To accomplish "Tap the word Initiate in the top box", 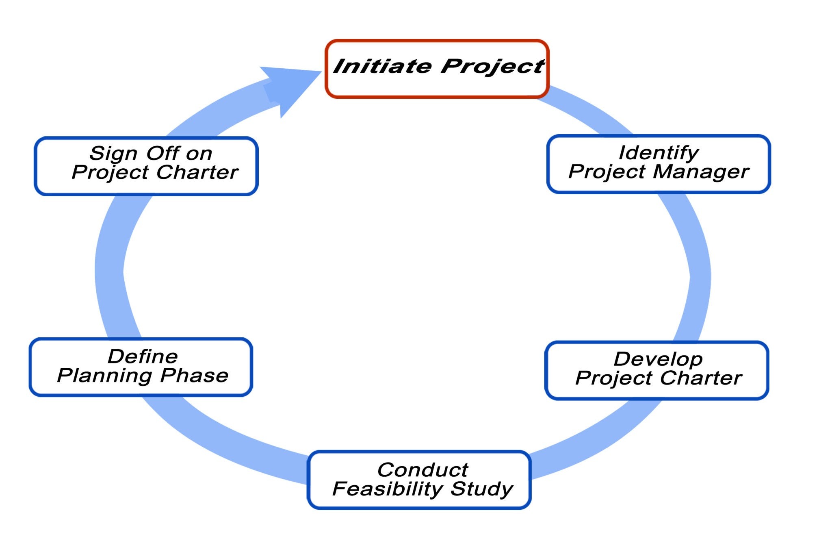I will click(382, 66).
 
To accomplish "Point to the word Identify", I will click(659, 153).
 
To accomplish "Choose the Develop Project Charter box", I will click(656, 390).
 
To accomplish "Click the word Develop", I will click(658, 359).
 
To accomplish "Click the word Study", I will click(482, 489).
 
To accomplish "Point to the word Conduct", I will click(422, 470).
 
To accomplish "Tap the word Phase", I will click(194, 376).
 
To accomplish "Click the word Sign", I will click(113, 154).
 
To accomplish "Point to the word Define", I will click(143, 356).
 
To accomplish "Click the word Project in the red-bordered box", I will click(492, 67).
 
